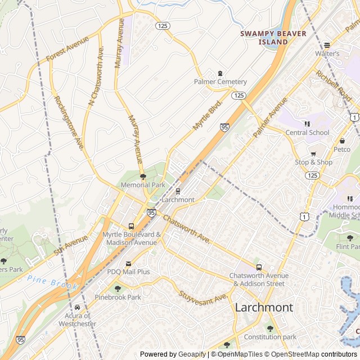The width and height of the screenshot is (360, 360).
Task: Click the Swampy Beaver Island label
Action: pos(273,37)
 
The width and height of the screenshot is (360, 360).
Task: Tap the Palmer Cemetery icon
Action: pos(220,73)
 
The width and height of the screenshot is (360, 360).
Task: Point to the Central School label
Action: pos(307,133)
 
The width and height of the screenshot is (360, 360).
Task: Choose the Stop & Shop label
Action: pos(314,163)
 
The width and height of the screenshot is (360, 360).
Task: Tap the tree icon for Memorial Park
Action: pos(143,177)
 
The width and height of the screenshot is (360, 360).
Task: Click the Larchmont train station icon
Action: pos(178,191)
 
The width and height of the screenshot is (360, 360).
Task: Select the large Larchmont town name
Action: pos(264,307)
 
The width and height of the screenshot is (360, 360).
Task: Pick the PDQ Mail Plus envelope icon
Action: pos(128,263)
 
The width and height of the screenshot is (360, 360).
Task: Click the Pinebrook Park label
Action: pos(118,297)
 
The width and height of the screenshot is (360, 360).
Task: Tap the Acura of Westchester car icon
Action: pos(77,308)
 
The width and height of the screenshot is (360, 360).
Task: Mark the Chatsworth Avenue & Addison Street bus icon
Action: pos(259,267)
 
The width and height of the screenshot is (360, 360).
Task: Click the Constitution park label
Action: pos(269,337)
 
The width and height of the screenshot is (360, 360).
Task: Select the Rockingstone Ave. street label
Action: pos(69,123)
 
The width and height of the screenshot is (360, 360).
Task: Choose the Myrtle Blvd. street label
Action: pos(208,115)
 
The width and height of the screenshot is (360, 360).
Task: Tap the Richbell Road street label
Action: pos(333,86)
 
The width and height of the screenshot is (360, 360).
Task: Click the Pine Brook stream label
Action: pos(52,282)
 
